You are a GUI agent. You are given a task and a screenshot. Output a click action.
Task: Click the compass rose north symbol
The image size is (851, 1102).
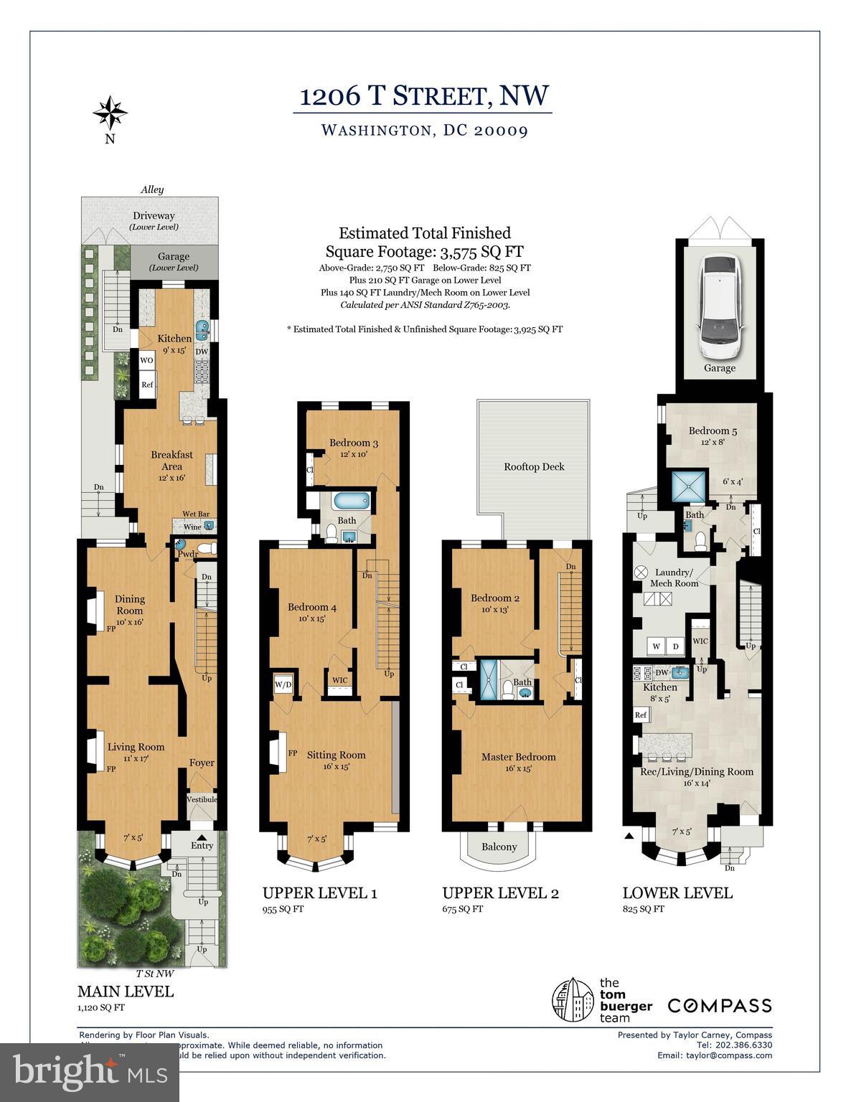110,112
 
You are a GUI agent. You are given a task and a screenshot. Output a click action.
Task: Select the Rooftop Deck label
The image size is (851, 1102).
534,466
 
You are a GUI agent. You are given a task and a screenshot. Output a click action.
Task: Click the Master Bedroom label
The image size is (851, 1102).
518,757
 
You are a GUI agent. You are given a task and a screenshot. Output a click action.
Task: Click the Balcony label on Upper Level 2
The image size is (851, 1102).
499,847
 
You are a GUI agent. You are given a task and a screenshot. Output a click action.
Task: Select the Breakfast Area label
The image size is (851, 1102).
171,460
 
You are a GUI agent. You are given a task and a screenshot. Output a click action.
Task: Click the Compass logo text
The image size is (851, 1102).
720,1006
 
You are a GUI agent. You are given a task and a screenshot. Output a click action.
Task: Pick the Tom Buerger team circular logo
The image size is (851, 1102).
573,1000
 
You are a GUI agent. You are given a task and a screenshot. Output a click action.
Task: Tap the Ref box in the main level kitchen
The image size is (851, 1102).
147,385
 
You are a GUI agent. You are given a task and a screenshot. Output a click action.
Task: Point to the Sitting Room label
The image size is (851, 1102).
336,755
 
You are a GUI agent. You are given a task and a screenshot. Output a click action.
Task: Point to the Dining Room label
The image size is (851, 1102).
129,604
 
